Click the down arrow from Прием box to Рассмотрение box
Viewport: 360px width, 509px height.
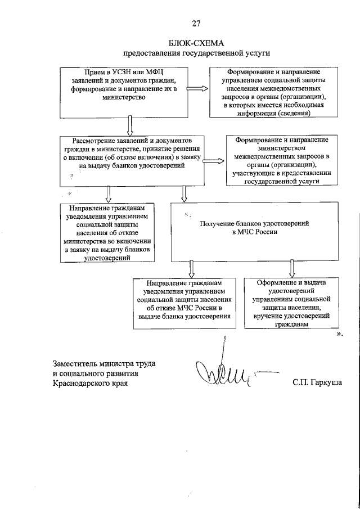pyautogui.click(x=130, y=124)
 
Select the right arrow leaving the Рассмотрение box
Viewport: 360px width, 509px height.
pyautogui.click(x=212, y=161)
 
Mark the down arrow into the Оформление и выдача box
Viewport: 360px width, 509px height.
pyautogui.click(x=291, y=268)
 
